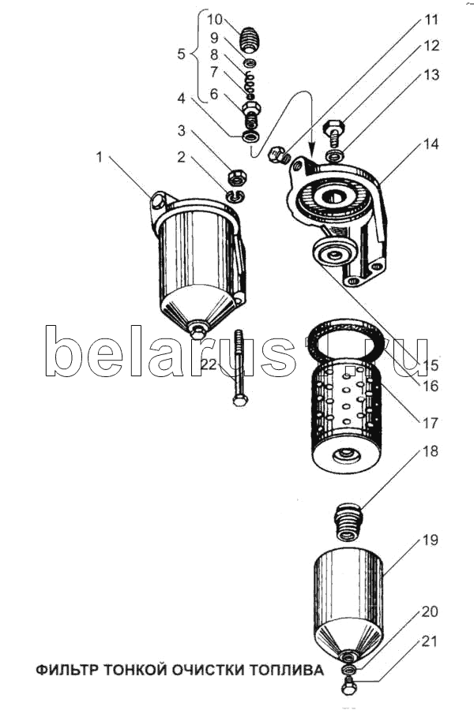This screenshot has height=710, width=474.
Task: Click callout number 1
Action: pyautogui.click(x=100, y=157)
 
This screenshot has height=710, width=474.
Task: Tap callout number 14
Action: pyautogui.click(x=430, y=144)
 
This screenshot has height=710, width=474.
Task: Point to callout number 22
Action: pyautogui.click(x=209, y=364)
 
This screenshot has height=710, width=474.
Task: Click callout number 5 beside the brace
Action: pyautogui.click(x=181, y=55)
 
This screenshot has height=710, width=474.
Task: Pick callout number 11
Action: pyautogui.click(x=431, y=19)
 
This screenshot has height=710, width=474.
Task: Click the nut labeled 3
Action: pyautogui.click(x=236, y=177)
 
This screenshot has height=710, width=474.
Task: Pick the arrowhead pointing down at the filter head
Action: pyautogui.click(x=312, y=151)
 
